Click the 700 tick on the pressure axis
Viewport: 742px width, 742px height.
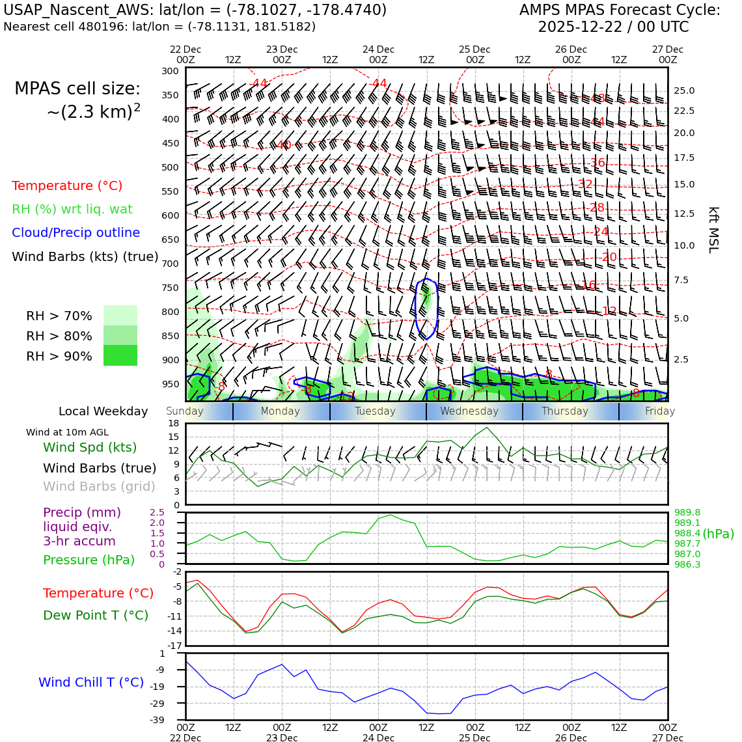pyautogui.click(x=170, y=264)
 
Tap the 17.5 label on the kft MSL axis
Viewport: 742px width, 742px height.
pyautogui.click(x=683, y=158)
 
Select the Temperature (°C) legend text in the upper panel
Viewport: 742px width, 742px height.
pyautogui.click(x=67, y=185)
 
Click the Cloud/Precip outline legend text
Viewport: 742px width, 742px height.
pyautogui.click(x=76, y=232)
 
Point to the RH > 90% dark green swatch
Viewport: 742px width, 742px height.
pyautogui.click(x=120, y=355)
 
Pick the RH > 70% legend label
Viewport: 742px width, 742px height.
pyautogui.click(x=59, y=316)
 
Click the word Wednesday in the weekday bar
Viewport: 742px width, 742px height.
pyautogui.click(x=469, y=411)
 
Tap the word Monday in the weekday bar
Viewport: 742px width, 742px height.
pyautogui.click(x=281, y=411)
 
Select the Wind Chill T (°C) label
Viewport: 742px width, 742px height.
pyautogui.click(x=91, y=682)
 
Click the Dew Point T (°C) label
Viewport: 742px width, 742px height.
pyautogui.click(x=96, y=615)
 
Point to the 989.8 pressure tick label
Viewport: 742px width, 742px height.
pyautogui.click(x=687, y=512)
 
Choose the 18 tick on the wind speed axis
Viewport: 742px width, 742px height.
pyautogui.click(x=173, y=424)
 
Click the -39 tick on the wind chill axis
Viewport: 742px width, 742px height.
pyautogui.click(x=174, y=720)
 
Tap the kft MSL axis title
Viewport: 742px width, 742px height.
pyautogui.click(x=713, y=230)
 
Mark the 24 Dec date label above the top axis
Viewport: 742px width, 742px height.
pyautogui.click(x=378, y=49)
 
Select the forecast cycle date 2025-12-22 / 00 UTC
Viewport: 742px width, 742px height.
pyautogui.click(x=613, y=27)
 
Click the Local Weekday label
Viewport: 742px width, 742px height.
pyautogui.click(x=103, y=411)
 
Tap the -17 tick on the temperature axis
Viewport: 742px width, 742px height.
pyautogui.click(x=175, y=646)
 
